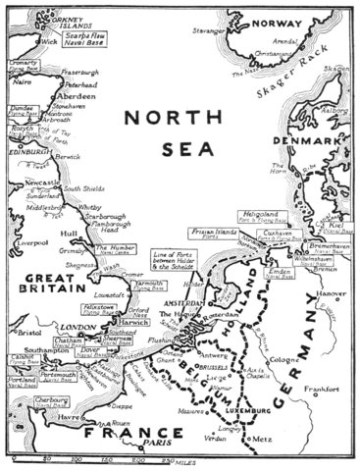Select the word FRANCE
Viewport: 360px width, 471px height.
(118, 432)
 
